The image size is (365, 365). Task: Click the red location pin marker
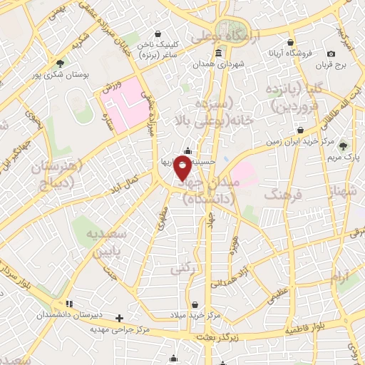[183, 168]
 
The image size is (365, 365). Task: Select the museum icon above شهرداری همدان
[217, 53]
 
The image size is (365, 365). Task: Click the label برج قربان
[331, 65]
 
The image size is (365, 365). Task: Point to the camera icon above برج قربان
[331, 53]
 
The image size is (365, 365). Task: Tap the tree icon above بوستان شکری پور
[59, 63]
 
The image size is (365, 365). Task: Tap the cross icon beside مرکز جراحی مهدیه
[120, 318]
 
